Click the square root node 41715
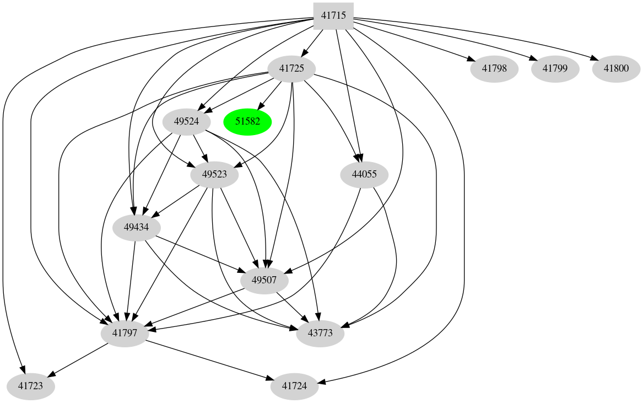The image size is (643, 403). point(333,16)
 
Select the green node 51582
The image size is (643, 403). point(247,122)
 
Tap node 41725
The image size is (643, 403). point(291,69)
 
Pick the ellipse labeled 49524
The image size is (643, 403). point(186,122)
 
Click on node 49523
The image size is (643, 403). point(214,175)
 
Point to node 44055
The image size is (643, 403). point(364,175)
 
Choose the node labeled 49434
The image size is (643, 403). point(137,228)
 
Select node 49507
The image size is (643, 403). point(264,281)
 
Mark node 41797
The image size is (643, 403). point(125,334)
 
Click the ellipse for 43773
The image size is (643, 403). point(320,334)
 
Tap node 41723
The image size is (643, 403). point(30,386)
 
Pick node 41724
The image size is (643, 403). point(295,386)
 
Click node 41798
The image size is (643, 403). point(494,69)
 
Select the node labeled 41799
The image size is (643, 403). point(555,69)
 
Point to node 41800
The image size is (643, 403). point(616,69)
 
